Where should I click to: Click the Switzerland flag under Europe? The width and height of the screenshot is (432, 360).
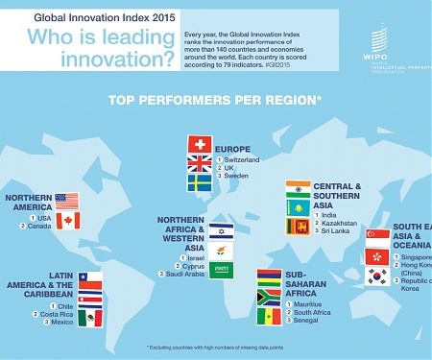point(201,144)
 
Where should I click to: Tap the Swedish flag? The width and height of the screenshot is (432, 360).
point(201,181)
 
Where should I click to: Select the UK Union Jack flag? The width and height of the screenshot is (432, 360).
point(201,162)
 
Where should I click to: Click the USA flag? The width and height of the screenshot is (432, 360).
point(66,202)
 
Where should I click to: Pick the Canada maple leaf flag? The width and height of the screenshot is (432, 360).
point(66,222)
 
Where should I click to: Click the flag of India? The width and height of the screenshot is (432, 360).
point(298,188)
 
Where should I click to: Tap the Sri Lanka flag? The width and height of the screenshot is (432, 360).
point(298,226)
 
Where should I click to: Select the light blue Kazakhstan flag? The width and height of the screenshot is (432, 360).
point(298,207)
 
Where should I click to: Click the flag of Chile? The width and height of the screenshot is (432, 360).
point(89,279)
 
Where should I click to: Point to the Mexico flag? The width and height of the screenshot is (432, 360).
point(89,318)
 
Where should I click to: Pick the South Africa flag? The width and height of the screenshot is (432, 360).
point(269,297)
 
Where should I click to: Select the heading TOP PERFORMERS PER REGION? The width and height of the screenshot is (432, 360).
point(215,99)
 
